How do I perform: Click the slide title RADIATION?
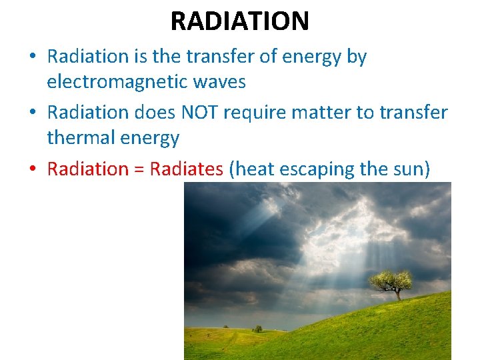[x=239, y=21]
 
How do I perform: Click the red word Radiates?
[x=187, y=169]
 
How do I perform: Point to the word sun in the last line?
[x=407, y=169]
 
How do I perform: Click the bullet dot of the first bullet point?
[x=33, y=57]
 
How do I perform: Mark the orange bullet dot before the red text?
[x=33, y=169]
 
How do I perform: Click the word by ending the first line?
[x=357, y=57]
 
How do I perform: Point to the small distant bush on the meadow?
[x=257, y=329]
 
